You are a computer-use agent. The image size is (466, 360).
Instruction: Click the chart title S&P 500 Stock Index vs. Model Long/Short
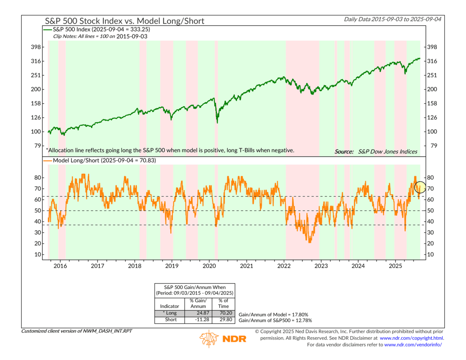pos(124,21)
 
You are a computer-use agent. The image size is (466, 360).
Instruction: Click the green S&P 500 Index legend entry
pos(97,29)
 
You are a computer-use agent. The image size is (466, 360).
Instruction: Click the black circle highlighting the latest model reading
pos(420,187)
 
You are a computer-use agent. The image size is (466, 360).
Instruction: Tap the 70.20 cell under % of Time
pos(223,313)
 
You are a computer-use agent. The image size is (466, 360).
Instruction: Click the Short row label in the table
pos(170,320)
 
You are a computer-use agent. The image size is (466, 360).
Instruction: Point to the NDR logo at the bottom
pos(223,338)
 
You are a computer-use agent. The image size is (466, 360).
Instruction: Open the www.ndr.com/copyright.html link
pos(411,338)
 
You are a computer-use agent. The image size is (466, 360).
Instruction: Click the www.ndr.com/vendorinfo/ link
pos(413,345)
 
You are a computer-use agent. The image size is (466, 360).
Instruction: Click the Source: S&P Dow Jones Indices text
pos(376,151)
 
